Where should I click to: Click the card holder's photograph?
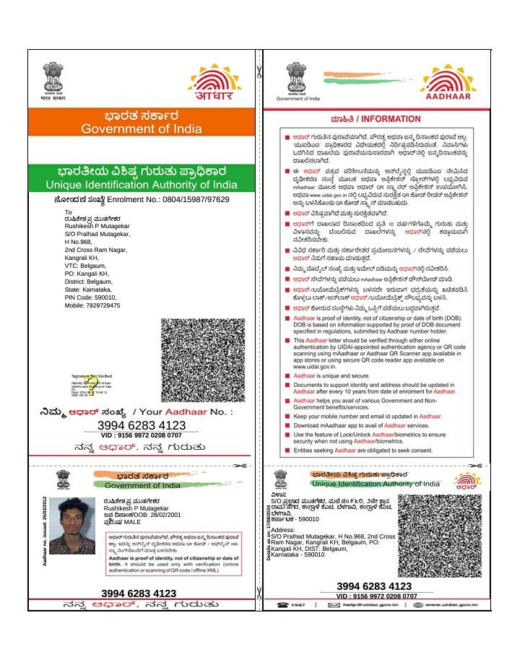pos(72,526)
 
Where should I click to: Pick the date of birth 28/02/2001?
pos(161,515)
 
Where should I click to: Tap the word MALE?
pos(133,521)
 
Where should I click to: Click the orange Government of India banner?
pos(142,122)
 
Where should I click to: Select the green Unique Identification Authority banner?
pos(142,178)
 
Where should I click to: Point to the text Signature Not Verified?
pos(91,376)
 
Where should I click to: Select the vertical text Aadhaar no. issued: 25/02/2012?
pos(45,531)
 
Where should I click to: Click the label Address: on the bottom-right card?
pos(284,530)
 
